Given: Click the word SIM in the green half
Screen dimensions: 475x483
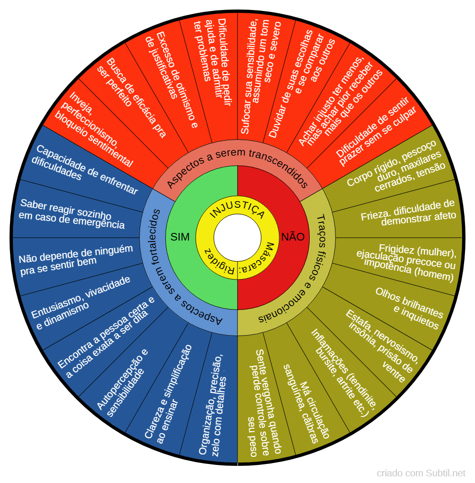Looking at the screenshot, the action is (x=180, y=237).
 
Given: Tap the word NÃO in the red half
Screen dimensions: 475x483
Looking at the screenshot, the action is (x=293, y=237).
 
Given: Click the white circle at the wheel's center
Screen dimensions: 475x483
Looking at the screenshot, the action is (x=237, y=238).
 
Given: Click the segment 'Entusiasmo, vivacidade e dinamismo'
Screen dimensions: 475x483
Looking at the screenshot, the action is (x=81, y=302).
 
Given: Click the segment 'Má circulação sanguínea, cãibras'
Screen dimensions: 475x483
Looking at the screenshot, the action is (x=306, y=404).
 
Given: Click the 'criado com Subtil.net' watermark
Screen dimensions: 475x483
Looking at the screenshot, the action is (x=421, y=473).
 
